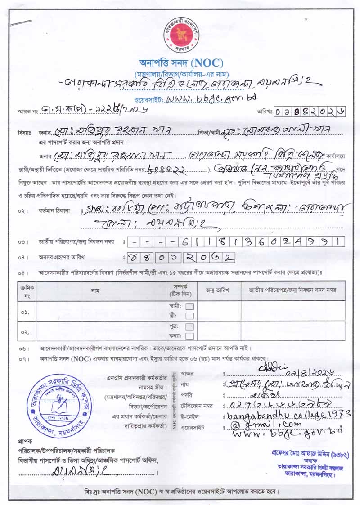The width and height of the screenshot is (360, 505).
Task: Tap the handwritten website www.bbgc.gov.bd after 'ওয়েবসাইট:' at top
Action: point(211,97)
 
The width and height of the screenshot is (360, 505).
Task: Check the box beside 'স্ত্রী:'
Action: point(190,316)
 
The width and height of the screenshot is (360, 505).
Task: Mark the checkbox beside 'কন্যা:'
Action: point(190,335)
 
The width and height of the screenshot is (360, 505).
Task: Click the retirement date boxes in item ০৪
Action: point(181,257)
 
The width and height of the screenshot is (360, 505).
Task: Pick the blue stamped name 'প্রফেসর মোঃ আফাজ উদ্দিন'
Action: point(304,451)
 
